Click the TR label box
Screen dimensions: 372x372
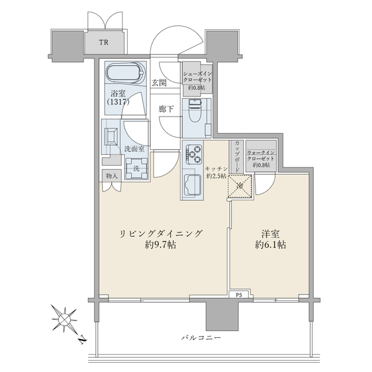pyautogui.click(x=104, y=42)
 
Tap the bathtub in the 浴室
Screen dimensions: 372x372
pyautogui.click(x=125, y=73)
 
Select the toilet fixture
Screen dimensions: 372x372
pyautogui.click(x=195, y=110)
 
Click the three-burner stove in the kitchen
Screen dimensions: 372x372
pyautogui.click(x=194, y=154)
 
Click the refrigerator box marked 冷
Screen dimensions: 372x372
pyautogui.click(x=239, y=186)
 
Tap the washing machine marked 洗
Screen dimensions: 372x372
pyautogui.click(x=136, y=169)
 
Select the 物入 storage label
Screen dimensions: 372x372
pyautogui.click(x=112, y=176)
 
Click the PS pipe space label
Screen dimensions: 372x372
pyautogui.click(x=239, y=295)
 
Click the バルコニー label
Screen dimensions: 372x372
pyautogui.click(x=201, y=337)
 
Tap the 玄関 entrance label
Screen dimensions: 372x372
pyautogui.click(x=159, y=82)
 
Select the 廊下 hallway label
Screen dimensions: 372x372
pyautogui.click(x=166, y=109)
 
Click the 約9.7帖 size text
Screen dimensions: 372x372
pyautogui.click(x=161, y=245)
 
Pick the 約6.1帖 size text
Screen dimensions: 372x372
pyautogui.click(x=270, y=245)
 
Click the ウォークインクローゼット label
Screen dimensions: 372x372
pyautogui.click(x=261, y=156)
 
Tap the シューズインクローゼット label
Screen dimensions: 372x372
pyautogui.click(x=197, y=77)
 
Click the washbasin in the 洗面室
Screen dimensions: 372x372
pyautogui.click(x=111, y=136)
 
